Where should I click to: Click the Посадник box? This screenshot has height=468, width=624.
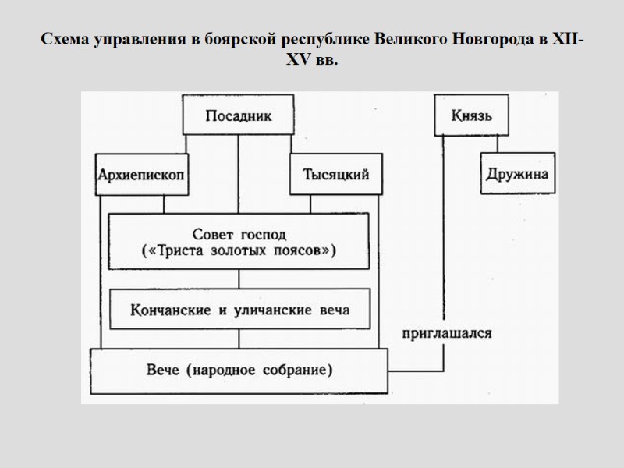click(238, 116)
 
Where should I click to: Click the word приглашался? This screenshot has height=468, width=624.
click(446, 333)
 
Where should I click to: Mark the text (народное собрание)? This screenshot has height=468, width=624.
click(256, 367)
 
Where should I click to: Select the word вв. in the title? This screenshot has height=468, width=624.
click(327, 60)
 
